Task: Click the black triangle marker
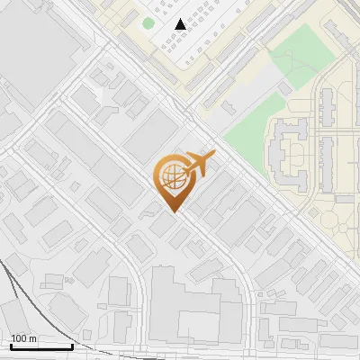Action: click(181, 24)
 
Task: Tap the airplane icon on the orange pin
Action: click(197, 166)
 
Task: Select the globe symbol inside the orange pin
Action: click(172, 177)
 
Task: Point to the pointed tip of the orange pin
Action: click(173, 212)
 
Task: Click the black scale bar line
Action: click(41, 347)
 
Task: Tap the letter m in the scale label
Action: click(32, 339)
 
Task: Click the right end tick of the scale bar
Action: click(72, 346)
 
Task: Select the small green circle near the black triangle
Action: click(148, 23)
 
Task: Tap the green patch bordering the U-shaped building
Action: click(245, 135)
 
